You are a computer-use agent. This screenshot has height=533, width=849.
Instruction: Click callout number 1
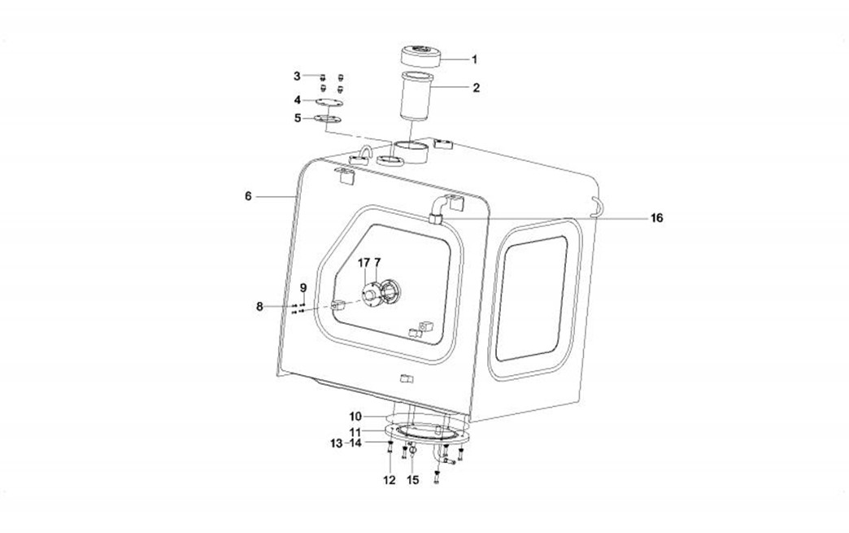[x=474, y=59]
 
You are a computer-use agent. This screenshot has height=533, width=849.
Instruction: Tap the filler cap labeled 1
[x=420, y=56]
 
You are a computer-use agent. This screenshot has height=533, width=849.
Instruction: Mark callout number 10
[x=355, y=417]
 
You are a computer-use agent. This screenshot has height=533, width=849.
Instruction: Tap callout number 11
[x=355, y=432]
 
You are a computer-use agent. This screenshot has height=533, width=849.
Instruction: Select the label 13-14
[x=346, y=443]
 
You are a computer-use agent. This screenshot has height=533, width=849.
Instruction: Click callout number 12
[x=390, y=480]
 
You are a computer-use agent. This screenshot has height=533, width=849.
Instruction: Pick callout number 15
[x=412, y=480]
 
